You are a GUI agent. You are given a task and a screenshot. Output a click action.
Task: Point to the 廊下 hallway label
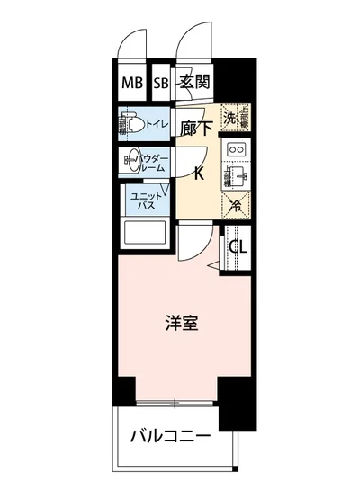coord(196,128)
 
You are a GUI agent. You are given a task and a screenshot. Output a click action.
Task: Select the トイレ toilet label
coord(152,121)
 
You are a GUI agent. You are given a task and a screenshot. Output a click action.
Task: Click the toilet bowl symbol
coord(129,121)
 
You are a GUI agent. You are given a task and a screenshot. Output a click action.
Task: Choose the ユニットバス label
coord(147,202)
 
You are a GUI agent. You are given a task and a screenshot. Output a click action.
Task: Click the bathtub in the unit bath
coord(145,236)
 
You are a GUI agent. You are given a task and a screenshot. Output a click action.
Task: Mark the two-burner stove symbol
coord(238,148)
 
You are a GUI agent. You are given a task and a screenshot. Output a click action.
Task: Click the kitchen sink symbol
coord(238,174)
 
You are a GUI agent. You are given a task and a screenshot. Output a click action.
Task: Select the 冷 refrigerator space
coord(236,205)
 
